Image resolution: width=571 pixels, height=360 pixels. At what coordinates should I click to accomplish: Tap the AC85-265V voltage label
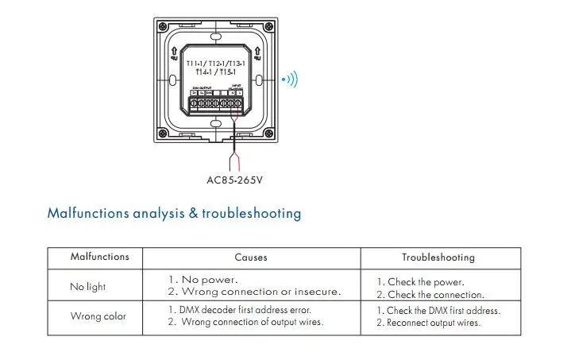[234, 180]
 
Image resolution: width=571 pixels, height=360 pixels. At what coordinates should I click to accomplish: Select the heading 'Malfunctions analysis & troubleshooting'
[174, 213]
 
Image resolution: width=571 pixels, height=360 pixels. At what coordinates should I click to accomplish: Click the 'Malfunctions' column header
[99, 257]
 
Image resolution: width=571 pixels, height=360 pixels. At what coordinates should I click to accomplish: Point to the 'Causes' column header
[251, 257]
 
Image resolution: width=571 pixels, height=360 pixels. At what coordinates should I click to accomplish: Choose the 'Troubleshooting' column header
[438, 257]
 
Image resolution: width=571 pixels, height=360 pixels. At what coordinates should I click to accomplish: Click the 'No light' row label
[87, 286]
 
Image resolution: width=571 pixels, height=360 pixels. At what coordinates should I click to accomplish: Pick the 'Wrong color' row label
[98, 316]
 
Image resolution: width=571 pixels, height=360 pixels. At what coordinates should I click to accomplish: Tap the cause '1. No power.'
[203, 280]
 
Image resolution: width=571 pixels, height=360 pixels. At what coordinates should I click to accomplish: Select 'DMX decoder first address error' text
[245, 310]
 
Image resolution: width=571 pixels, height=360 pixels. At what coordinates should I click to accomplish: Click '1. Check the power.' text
[420, 282]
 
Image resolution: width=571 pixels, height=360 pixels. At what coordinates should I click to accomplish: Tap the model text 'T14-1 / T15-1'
[216, 72]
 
